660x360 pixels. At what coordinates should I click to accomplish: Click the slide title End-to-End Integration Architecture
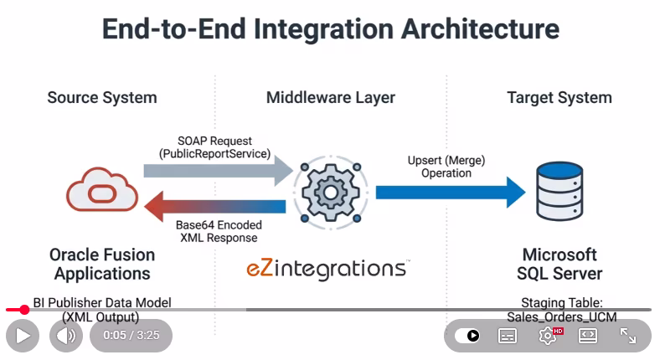pyautogui.click(x=330, y=29)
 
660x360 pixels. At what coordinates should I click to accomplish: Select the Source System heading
pyautogui.click(x=102, y=98)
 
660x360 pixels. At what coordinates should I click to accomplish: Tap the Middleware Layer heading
pyautogui.click(x=330, y=98)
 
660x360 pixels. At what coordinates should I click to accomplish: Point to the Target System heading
pyautogui.click(x=559, y=98)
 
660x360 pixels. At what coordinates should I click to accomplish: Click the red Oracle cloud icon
pyautogui.click(x=102, y=191)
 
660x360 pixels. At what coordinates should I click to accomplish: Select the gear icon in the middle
pyautogui.click(x=330, y=192)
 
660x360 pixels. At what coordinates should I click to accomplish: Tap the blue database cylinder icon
pyautogui.click(x=559, y=192)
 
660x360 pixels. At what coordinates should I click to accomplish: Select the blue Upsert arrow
pyautogui.click(x=449, y=192)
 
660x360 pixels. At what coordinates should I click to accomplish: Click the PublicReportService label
pyautogui.click(x=214, y=154)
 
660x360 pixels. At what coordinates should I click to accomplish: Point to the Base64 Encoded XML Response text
pyautogui.click(x=219, y=231)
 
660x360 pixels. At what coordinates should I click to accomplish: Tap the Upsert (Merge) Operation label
pyautogui.click(x=446, y=166)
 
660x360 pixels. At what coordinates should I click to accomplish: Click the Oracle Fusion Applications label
pyautogui.click(x=102, y=264)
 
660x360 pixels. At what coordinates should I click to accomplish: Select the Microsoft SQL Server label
pyautogui.click(x=559, y=264)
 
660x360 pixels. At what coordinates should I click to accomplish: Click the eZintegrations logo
pyautogui.click(x=327, y=269)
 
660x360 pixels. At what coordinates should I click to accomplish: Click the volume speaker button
pyautogui.click(x=65, y=336)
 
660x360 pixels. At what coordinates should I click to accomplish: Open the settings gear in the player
pyautogui.click(x=548, y=336)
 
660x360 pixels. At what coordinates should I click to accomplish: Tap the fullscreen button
pyautogui.click(x=628, y=336)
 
